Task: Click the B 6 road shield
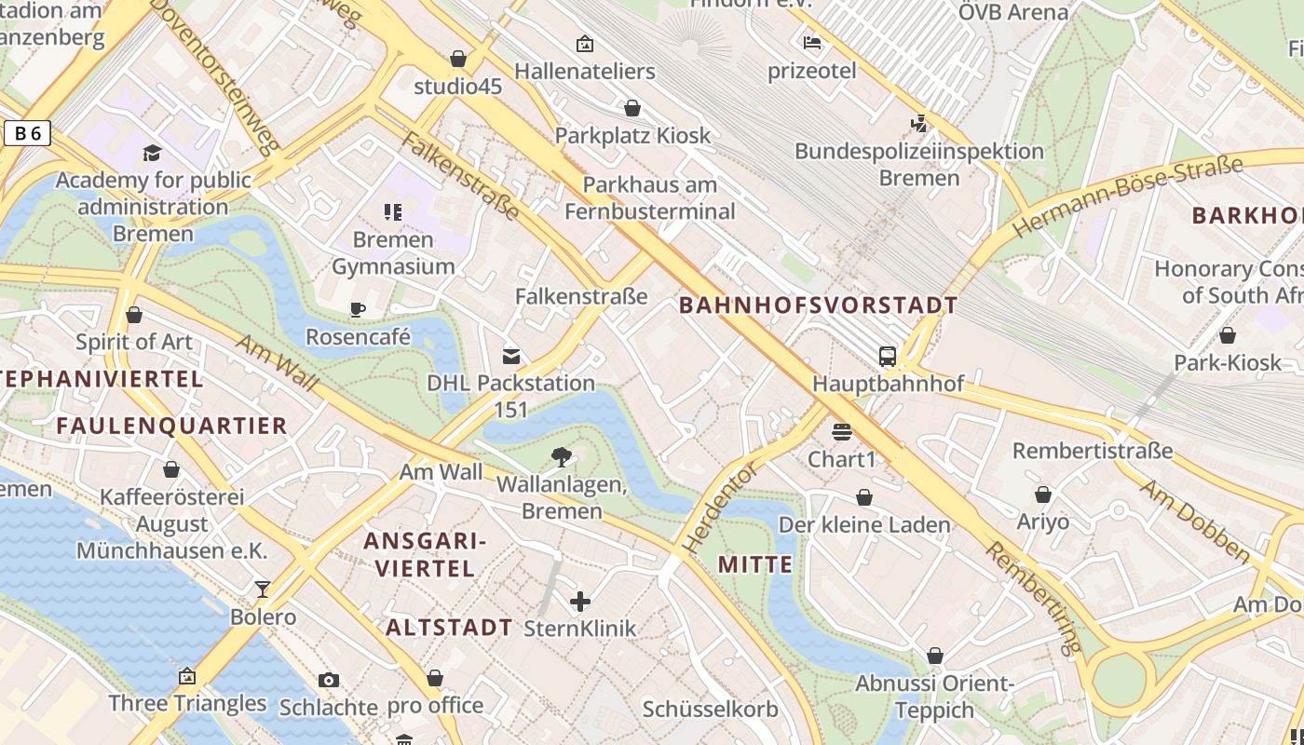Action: pos(27,134)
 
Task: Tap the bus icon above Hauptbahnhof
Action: pos(887,356)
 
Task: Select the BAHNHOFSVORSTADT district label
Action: pos(819,305)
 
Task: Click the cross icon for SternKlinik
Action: pos(579,602)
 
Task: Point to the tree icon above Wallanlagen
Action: pos(561,456)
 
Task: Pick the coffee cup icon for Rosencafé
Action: pos(358,309)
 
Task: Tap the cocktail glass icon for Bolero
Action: pos(263,589)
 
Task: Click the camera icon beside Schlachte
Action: pos(328,680)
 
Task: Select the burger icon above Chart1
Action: pos(842,431)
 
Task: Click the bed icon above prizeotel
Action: pos(812,42)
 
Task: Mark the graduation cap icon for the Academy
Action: pos(153,153)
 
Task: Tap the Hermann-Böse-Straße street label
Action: pos(1127,196)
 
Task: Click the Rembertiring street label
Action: pos(1035,596)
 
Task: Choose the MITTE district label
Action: pos(755,564)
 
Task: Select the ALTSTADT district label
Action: pos(449,627)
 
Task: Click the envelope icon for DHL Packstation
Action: pos(511,356)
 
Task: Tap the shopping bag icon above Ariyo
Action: pos(1043,494)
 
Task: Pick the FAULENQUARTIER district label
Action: pos(171,426)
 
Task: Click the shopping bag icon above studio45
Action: pos(457,59)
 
